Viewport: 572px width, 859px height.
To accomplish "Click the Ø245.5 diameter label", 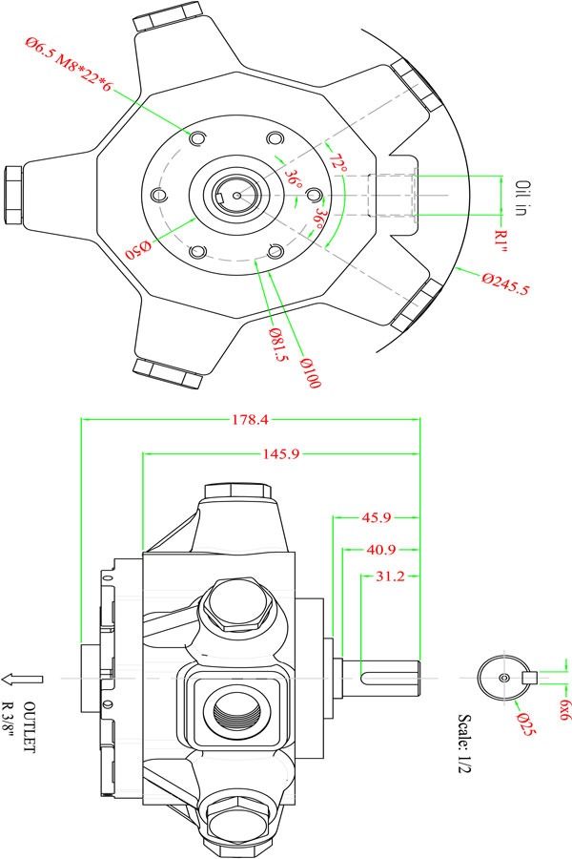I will tap(505, 283).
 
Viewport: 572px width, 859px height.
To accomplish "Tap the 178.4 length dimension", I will tap(251, 418).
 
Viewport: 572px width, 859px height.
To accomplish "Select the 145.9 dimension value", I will tap(280, 454).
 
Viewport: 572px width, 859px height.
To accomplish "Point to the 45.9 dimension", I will tap(375, 518).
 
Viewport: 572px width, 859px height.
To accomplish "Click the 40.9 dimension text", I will tap(380, 550).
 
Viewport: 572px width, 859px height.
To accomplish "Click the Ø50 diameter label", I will tap(140, 251).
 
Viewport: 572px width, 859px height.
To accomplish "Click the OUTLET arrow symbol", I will tap(22, 679).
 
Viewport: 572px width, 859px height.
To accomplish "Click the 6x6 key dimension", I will tap(564, 707).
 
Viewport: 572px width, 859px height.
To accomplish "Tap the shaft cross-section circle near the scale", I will tap(502, 677).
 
